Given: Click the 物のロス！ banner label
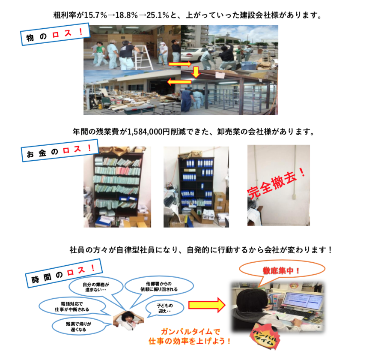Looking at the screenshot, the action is click(x=55, y=34).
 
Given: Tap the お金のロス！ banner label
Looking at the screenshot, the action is click(x=60, y=151).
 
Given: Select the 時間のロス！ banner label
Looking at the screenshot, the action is click(x=64, y=273).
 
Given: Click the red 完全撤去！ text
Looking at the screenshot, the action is click(x=277, y=183).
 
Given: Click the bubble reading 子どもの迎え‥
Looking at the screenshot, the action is click(x=165, y=308).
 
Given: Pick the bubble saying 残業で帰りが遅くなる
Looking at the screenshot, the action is click(x=78, y=327).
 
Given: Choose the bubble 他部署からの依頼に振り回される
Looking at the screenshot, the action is click(x=159, y=287).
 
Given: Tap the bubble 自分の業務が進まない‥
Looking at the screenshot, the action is click(x=96, y=287).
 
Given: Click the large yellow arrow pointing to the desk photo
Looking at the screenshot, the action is click(x=207, y=305).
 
